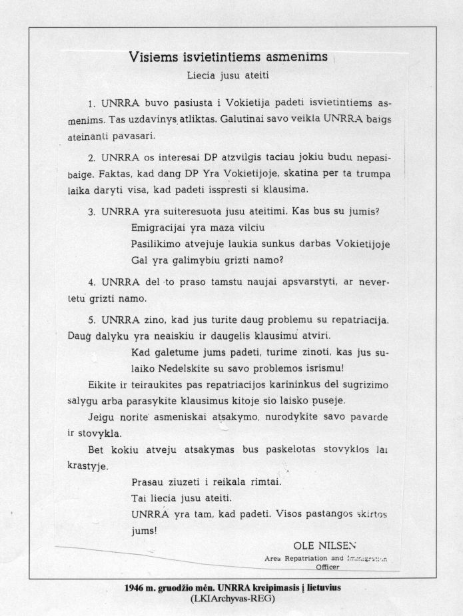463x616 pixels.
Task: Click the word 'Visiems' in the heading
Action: pyautogui.click(x=153, y=58)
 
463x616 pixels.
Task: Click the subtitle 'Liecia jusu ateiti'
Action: pyautogui.click(x=229, y=75)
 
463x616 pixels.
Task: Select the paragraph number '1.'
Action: pyautogui.click(x=93, y=105)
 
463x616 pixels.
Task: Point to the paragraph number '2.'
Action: pyautogui.click(x=93, y=158)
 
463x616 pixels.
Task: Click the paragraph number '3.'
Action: pyautogui.click(x=93, y=212)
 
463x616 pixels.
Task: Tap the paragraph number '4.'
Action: pyautogui.click(x=93, y=282)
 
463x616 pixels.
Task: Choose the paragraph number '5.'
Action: pyautogui.click(x=93, y=320)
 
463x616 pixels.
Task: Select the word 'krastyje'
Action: pyautogui.click(x=87, y=465)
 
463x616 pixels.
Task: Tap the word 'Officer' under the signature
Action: pyautogui.click(x=328, y=567)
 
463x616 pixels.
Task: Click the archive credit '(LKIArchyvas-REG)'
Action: pyautogui.click(x=231, y=598)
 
